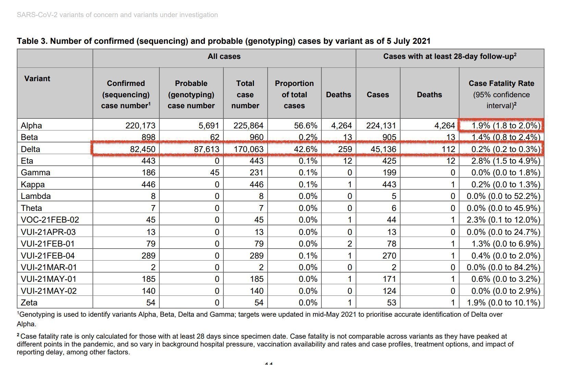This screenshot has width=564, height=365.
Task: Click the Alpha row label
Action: click(31, 126)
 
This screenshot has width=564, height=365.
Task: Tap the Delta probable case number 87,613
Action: click(205, 149)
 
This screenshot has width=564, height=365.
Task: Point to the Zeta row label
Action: click(29, 303)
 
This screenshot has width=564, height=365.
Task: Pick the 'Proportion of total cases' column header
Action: click(294, 95)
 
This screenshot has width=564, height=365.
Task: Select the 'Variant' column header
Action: click(37, 79)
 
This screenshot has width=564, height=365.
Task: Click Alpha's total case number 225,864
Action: click(248, 126)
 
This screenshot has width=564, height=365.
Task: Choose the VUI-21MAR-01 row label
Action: click(49, 267)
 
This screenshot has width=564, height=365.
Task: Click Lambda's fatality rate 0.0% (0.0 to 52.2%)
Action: click(503, 197)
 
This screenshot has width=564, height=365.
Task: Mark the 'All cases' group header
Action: click(224, 56)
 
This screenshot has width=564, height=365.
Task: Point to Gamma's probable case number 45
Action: click(214, 173)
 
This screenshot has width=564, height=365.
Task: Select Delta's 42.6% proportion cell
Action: click(306, 149)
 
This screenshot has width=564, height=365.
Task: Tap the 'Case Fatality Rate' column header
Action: click(501, 84)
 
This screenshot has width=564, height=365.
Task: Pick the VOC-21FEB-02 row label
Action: click(50, 220)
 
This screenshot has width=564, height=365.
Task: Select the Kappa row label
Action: click(33, 185)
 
